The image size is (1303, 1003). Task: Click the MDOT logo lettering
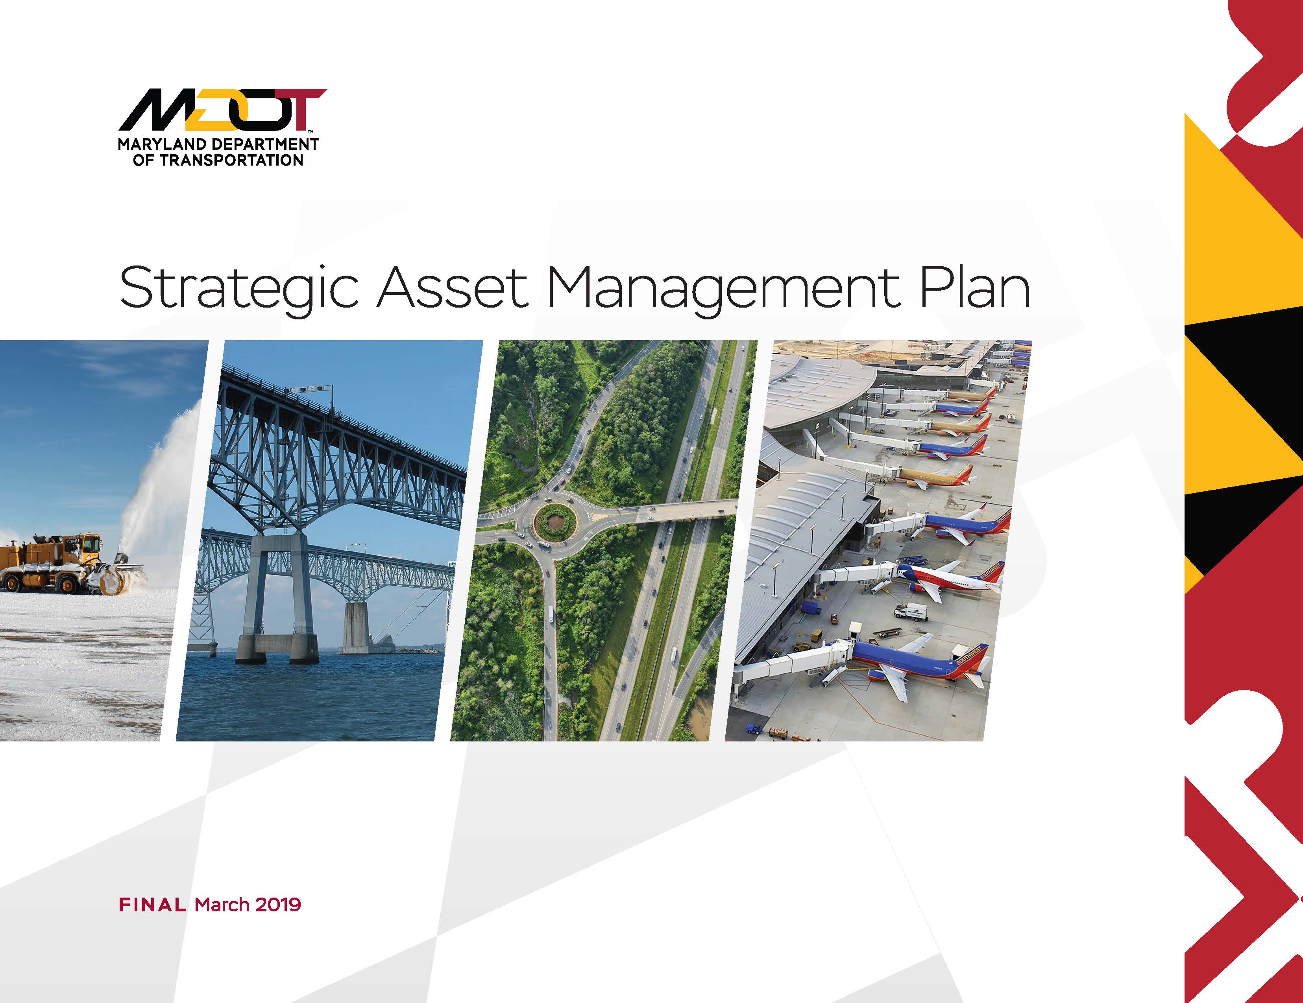222,110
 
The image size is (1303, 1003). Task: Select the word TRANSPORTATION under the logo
231,160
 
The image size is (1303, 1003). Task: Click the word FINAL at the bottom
153,905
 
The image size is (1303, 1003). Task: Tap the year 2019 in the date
278,905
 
